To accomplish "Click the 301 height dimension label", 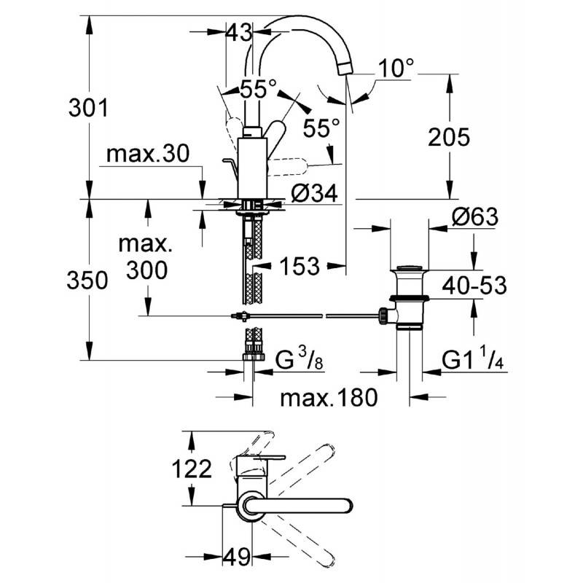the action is pyautogui.click(x=88, y=108).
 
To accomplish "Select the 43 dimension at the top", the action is pyautogui.click(x=239, y=33).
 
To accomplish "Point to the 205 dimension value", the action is pyautogui.click(x=449, y=137).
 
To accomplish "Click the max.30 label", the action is pyautogui.click(x=148, y=153).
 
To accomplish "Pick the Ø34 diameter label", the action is pyautogui.click(x=314, y=193).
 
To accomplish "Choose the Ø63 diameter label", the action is pyautogui.click(x=475, y=216).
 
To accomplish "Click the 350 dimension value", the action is pyautogui.click(x=87, y=280).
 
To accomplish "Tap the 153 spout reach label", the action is pyautogui.click(x=300, y=266).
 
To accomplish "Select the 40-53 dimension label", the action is pyautogui.click(x=474, y=286).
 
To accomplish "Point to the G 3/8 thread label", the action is pyautogui.click(x=300, y=359).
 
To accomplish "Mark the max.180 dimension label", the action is pyautogui.click(x=329, y=397).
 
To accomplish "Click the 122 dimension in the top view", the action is pyautogui.click(x=192, y=469).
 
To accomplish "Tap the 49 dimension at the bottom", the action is pyautogui.click(x=236, y=557).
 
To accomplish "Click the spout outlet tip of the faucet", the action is pyautogui.click(x=345, y=69).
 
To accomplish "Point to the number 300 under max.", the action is pyautogui.click(x=147, y=270).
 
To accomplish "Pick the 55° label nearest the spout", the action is pyautogui.click(x=321, y=128).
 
